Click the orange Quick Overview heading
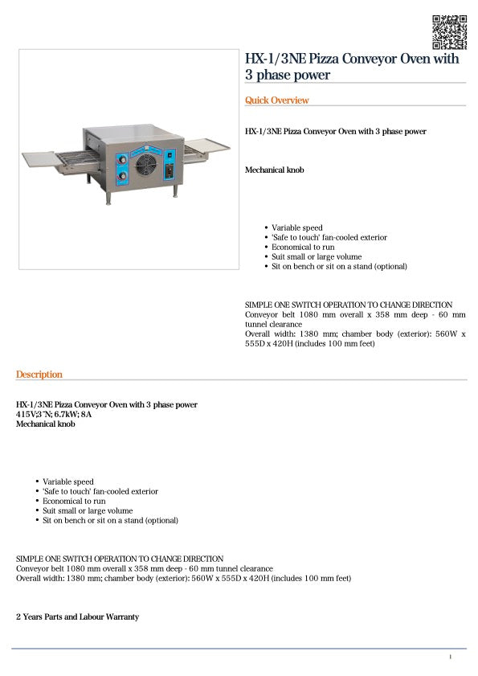point(276,100)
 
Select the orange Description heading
point(39,375)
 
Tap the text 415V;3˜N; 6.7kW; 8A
point(54,414)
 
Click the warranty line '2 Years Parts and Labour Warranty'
point(77,617)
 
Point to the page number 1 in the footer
point(450,658)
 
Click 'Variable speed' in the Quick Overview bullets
point(296,227)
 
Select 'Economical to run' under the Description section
point(74,501)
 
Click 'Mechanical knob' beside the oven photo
point(274,170)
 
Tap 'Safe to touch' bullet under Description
point(100,491)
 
